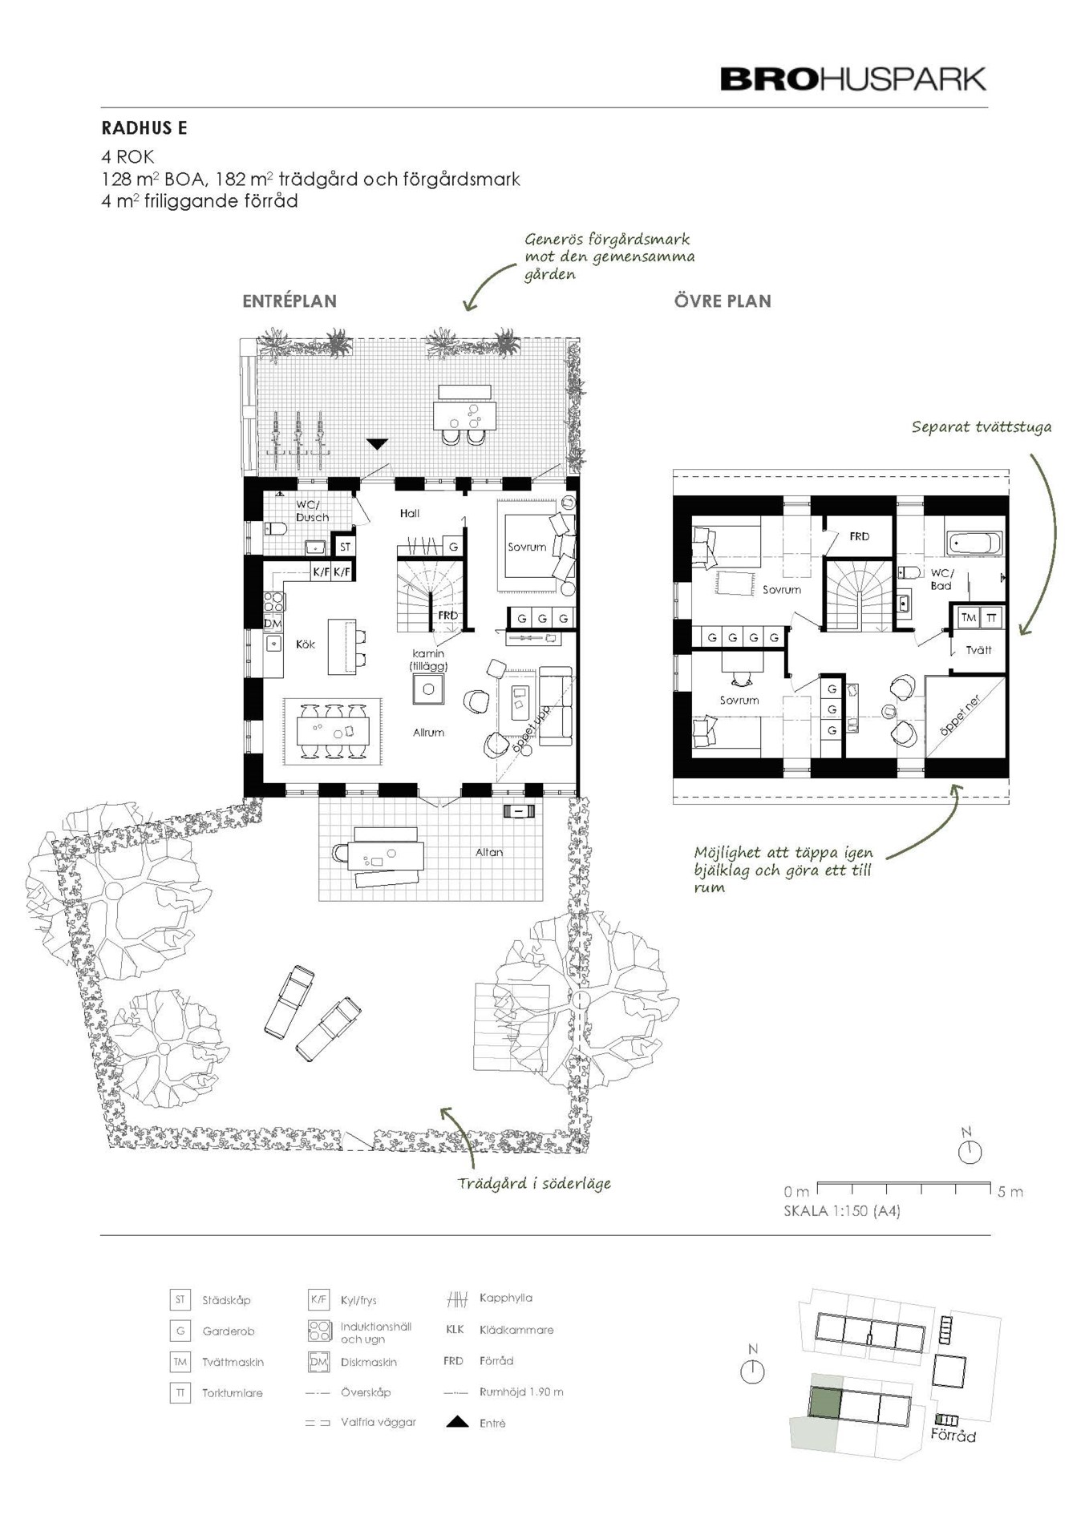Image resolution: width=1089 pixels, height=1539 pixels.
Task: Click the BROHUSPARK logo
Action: (x=853, y=79)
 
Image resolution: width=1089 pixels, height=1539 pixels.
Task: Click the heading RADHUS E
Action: (x=144, y=128)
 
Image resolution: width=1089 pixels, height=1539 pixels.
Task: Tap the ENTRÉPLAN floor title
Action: (x=289, y=301)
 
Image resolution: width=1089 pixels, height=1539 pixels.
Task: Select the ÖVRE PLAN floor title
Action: (x=723, y=301)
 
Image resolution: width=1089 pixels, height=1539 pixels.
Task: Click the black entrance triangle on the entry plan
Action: (x=377, y=443)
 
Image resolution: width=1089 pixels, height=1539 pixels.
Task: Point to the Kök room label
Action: (x=306, y=644)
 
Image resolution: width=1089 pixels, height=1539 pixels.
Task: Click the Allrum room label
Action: (x=428, y=732)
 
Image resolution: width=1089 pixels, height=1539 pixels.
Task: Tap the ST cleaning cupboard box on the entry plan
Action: (x=345, y=547)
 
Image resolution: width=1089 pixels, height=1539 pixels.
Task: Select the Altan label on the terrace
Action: (x=489, y=852)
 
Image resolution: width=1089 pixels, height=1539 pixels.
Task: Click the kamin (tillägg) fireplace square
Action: (x=428, y=689)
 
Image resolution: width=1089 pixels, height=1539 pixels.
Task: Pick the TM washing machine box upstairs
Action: (x=969, y=617)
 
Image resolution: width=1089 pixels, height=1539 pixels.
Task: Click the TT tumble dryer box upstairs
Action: (x=992, y=617)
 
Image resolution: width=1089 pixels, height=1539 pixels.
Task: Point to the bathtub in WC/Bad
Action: (x=975, y=543)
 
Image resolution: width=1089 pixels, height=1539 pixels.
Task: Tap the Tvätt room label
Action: (x=978, y=650)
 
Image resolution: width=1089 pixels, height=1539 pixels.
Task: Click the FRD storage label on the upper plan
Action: (x=859, y=536)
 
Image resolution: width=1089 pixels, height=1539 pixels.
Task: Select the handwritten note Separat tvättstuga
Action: (x=982, y=427)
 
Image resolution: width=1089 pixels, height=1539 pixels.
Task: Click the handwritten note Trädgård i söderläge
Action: (x=534, y=1183)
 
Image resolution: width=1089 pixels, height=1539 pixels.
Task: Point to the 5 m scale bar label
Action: (x=1010, y=1191)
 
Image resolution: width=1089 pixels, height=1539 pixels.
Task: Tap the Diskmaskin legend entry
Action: (x=369, y=1362)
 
